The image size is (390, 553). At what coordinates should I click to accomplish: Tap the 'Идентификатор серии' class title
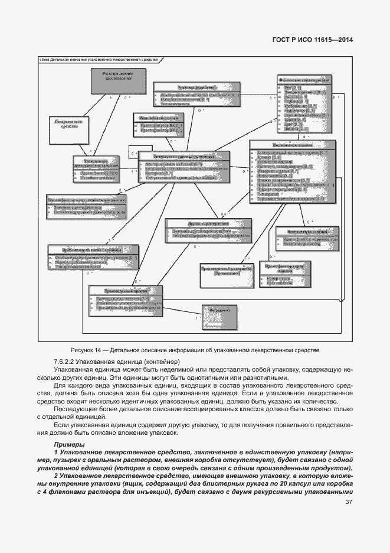click(x=155, y=118)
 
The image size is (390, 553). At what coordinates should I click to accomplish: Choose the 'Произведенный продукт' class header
click(x=122, y=292)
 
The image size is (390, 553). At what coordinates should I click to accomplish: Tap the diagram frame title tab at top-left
click(x=98, y=60)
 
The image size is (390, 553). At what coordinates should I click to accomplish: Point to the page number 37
click(x=349, y=503)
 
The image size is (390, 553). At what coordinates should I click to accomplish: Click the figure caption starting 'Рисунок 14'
click(x=195, y=350)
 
